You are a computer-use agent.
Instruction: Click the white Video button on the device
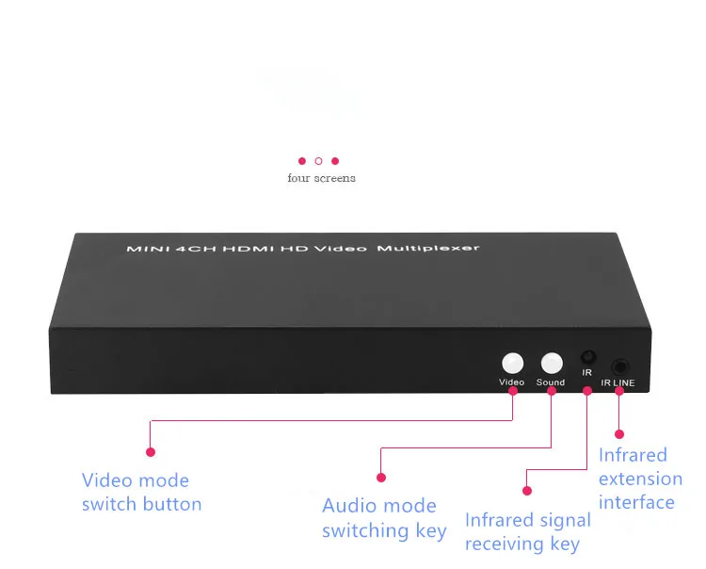coord(512,363)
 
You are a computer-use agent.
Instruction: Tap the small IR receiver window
coord(588,357)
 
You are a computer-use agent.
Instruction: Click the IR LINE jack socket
coord(620,366)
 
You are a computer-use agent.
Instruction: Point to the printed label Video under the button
coord(511,382)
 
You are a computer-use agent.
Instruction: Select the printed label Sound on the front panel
coord(551,382)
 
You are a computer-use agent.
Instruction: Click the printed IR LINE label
coord(618,382)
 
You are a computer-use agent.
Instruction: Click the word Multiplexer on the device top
coord(428,249)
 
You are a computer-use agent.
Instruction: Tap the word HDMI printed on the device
coord(249,249)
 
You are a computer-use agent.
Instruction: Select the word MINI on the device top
coord(147,249)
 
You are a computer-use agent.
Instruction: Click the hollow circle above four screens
coord(318,161)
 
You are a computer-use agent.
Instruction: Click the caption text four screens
coord(322,178)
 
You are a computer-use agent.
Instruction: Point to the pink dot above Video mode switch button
coord(151,452)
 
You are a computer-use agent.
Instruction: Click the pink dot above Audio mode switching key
coord(381,478)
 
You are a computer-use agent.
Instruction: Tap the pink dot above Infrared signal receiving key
coord(527,491)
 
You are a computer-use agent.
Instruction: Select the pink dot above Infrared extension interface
coord(619,434)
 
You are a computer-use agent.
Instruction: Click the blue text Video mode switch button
coord(141,492)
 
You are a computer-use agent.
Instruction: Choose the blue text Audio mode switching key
coord(384,518)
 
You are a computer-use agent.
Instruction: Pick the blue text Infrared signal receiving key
coord(528,531)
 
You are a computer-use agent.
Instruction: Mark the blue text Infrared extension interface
coord(640,479)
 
